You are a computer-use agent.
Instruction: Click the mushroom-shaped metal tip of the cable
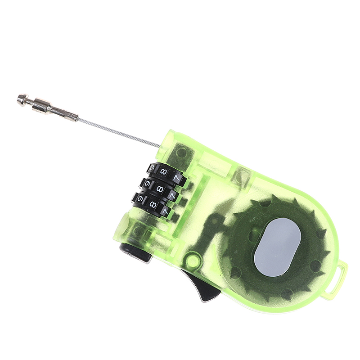click(23, 99)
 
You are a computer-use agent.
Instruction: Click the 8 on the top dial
click(164, 171)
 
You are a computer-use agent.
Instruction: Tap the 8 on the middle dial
click(160, 189)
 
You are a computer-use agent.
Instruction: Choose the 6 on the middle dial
click(148, 183)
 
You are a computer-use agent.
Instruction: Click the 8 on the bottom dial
click(152, 204)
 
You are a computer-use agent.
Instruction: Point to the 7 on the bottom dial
click(165, 210)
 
